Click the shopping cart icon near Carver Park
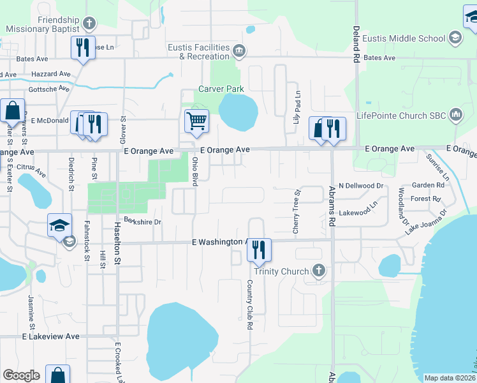pyautogui.click(x=196, y=120)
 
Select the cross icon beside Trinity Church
pyautogui.click(x=319, y=271)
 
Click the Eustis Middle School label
pyautogui.click(x=404, y=38)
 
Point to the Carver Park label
pyautogui.click(x=221, y=89)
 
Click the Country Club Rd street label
pyautogui.click(x=250, y=305)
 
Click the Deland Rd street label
pyautogui.click(x=355, y=43)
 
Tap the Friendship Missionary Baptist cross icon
pyautogui.click(x=89, y=24)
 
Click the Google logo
pyautogui.click(x=21, y=375)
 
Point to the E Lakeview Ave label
pyautogui.click(x=51, y=336)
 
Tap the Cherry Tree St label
pyautogui.click(x=297, y=211)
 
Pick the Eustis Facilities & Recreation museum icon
pyautogui.click(x=238, y=50)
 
